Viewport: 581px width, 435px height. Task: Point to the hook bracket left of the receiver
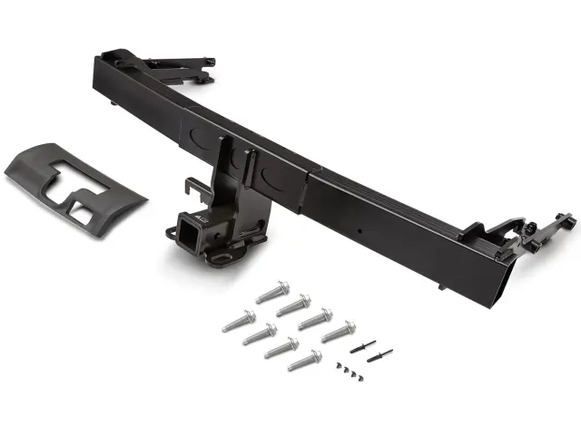(192, 189)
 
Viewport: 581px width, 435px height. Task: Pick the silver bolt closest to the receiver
(272, 292)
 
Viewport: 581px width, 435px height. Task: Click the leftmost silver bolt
(239, 321)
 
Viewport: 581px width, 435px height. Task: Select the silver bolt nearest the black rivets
(337, 332)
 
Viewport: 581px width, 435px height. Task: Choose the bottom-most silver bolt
(304, 360)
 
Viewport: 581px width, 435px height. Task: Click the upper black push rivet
(363, 344)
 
